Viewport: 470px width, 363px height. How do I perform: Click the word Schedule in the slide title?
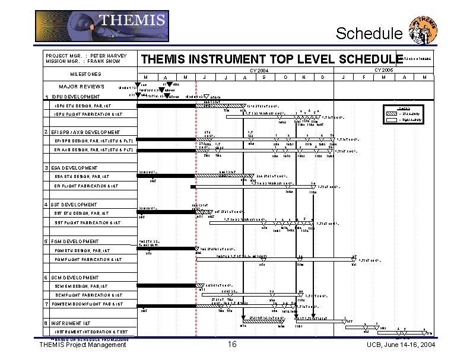[369, 34]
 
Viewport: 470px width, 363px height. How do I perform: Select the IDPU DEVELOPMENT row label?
[76, 97]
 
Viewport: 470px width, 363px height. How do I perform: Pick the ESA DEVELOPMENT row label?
[75, 168]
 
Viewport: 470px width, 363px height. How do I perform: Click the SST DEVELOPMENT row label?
[75, 205]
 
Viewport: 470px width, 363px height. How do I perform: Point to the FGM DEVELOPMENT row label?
[76, 241]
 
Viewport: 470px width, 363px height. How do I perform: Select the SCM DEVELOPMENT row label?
[75, 278]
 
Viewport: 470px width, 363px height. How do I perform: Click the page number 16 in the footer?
[232, 345]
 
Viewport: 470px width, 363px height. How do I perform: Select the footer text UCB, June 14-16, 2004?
[400, 345]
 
